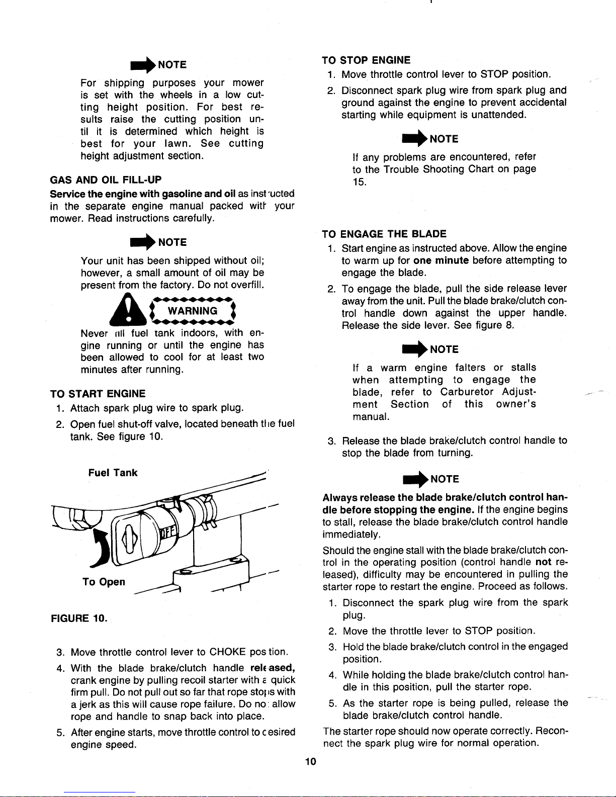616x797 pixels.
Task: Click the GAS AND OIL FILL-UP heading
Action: coord(106,180)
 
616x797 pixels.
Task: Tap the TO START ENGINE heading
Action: coord(98,394)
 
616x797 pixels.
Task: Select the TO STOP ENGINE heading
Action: coord(366,60)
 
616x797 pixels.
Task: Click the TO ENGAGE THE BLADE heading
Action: coord(384,234)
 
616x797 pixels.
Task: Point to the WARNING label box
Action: coord(193,311)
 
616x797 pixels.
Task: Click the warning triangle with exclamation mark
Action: coord(128,310)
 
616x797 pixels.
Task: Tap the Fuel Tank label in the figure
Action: coord(113,473)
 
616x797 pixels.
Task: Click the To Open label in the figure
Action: coord(104,582)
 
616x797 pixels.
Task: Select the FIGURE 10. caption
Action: coord(79,618)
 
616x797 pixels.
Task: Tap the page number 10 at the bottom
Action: coord(311,761)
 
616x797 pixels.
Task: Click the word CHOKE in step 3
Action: coord(227,652)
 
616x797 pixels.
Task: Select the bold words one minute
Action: coord(441,260)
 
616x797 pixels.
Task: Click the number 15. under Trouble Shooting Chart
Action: coord(360,182)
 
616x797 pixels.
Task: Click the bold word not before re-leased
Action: coord(543,562)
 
